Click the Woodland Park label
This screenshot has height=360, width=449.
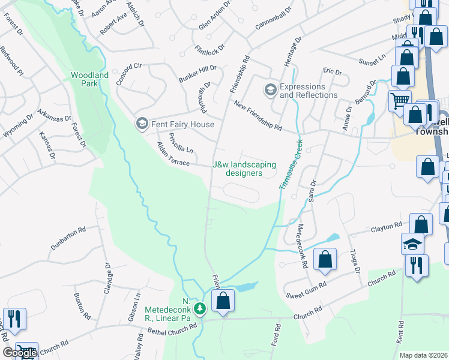pos(89,79)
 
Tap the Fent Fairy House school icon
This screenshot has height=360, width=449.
pos(142,124)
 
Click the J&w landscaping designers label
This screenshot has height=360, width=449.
pos(244,169)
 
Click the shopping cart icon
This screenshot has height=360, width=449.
pos(399,100)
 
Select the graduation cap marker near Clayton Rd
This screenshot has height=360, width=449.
pos(412,244)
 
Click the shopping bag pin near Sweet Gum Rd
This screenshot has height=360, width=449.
pos(325,260)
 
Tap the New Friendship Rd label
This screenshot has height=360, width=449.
pos(258,116)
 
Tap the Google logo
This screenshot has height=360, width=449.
pos(20,353)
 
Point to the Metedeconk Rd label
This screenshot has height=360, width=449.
pos(303,245)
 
